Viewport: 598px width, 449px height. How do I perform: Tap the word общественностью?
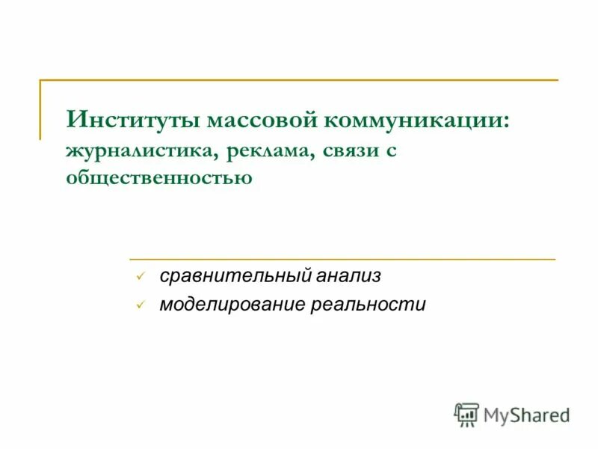coord(158,177)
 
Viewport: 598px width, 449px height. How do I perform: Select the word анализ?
coord(349,276)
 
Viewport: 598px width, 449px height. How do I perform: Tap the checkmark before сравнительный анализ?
coord(139,277)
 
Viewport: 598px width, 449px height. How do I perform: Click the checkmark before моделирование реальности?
coord(139,305)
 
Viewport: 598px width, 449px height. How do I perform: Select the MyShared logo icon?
coord(466,414)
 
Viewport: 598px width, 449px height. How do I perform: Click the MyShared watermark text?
coord(526,415)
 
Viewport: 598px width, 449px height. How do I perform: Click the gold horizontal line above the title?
coord(299,79)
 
